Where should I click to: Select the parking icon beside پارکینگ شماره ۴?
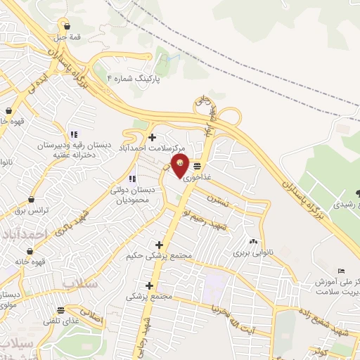tap(110, 77)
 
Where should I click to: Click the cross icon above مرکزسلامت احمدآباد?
tap(152, 136)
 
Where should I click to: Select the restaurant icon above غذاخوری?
tap(198, 167)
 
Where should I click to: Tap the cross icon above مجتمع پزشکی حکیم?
tap(159, 244)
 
